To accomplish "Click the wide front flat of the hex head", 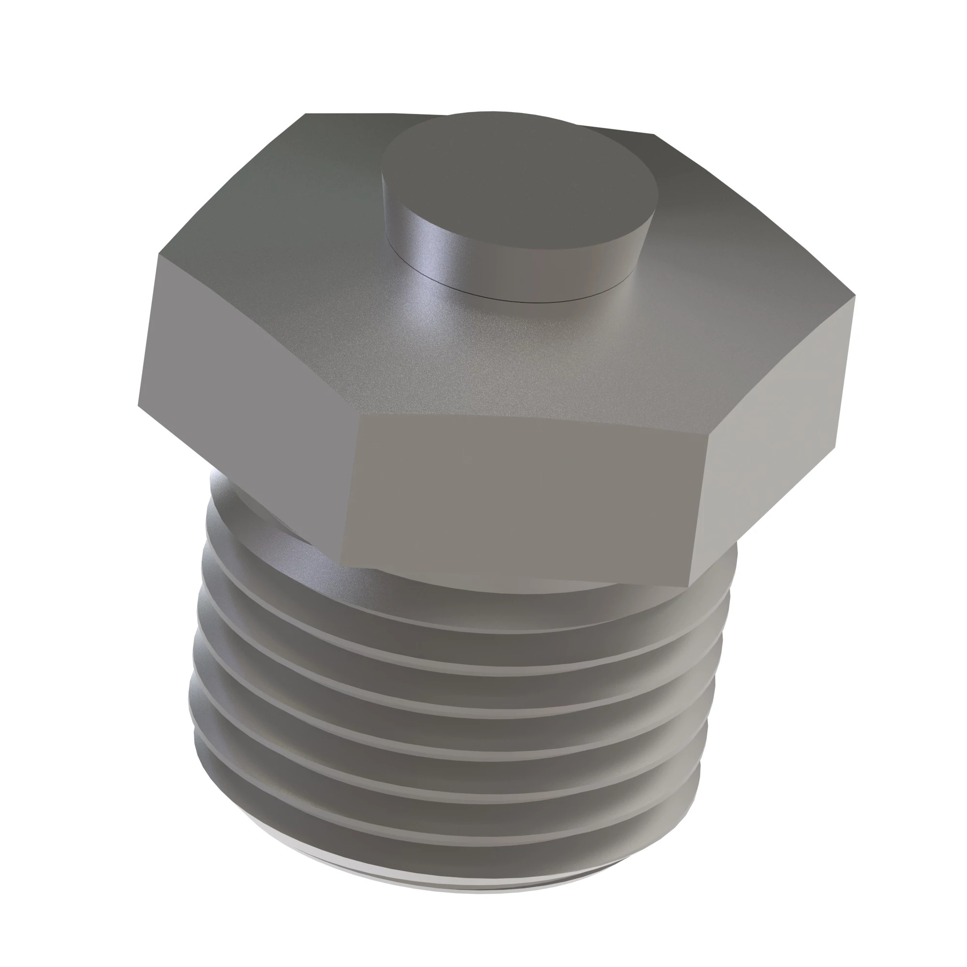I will tap(526, 496).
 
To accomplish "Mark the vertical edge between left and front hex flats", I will tap(351, 490).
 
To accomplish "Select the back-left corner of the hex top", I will tap(307, 114).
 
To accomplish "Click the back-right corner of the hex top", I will tap(653, 134).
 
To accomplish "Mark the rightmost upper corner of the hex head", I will tap(855, 296).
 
